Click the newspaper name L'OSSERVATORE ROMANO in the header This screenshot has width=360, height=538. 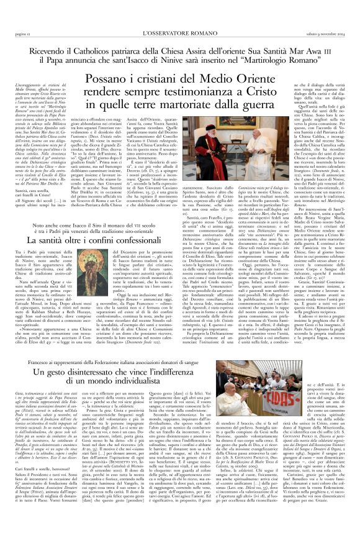tap(180, 6)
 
